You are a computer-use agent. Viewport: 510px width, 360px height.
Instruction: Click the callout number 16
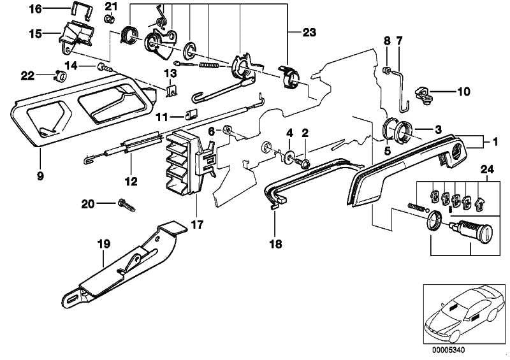click(x=35, y=9)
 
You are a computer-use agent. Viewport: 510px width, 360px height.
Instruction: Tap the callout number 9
click(x=40, y=175)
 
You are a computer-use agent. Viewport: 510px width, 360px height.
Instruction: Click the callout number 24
click(x=488, y=169)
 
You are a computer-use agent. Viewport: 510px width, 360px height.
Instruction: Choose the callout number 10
click(x=463, y=91)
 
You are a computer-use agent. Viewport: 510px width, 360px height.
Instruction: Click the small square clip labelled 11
click(x=189, y=115)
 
